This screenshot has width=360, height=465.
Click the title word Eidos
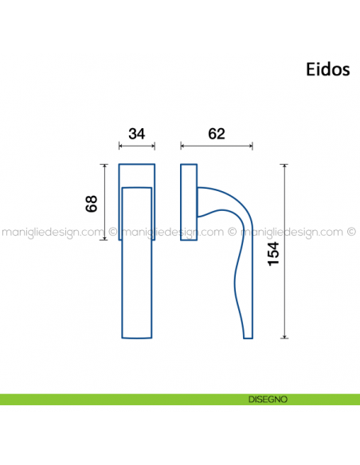pos(327,69)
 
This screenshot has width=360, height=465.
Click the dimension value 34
pos(136,134)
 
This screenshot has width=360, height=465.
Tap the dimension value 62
pos(216,134)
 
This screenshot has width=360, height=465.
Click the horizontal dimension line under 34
pos(136,147)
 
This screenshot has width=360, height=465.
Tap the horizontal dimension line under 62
pos(217,147)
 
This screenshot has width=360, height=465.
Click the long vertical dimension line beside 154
pos(284,251)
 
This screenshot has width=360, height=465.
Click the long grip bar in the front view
pos(136,263)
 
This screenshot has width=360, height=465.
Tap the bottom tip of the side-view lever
pos(248,334)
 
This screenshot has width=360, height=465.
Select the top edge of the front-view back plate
pos(136,164)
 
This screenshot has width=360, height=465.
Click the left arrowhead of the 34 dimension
pos(120,147)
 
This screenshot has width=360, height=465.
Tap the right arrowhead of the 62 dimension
pos(252,147)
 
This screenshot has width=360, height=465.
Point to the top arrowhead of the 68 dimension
pos(104,166)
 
